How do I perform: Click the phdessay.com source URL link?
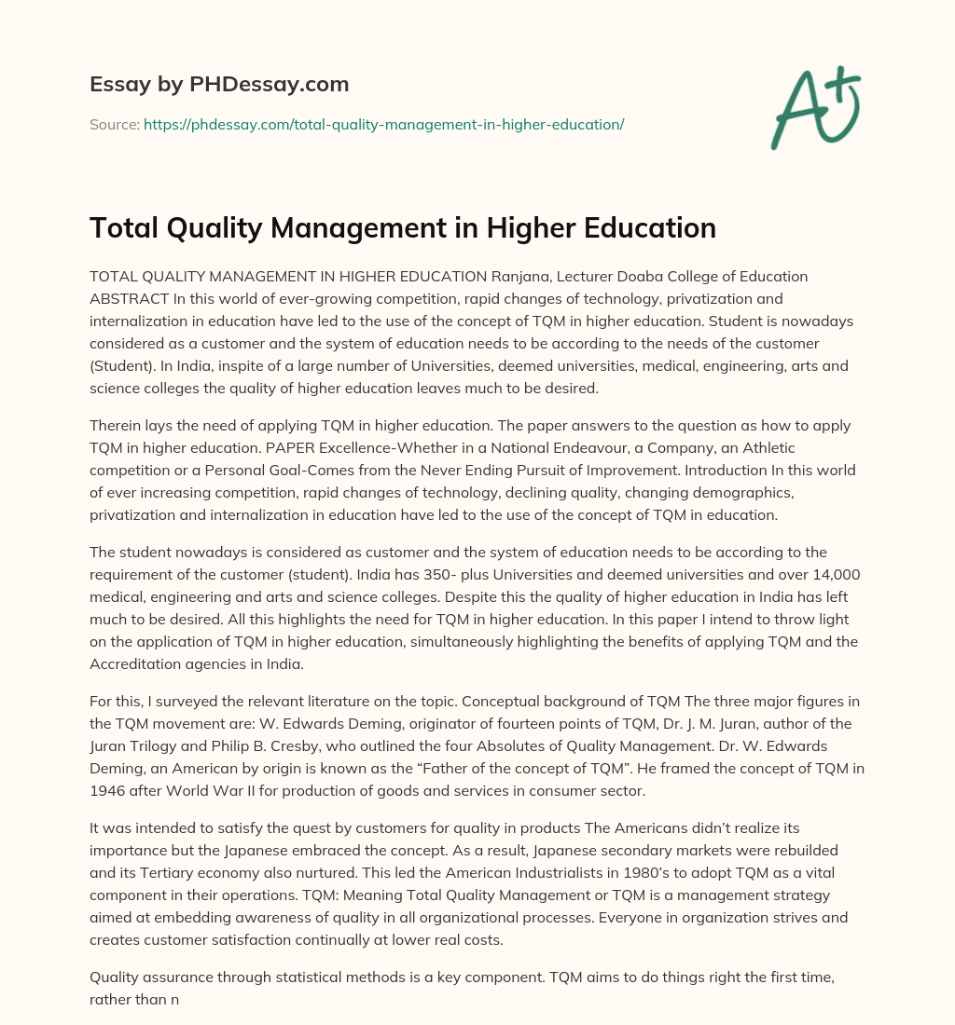(x=383, y=124)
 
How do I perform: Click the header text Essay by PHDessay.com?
(x=219, y=85)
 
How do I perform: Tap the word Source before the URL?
(x=114, y=124)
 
